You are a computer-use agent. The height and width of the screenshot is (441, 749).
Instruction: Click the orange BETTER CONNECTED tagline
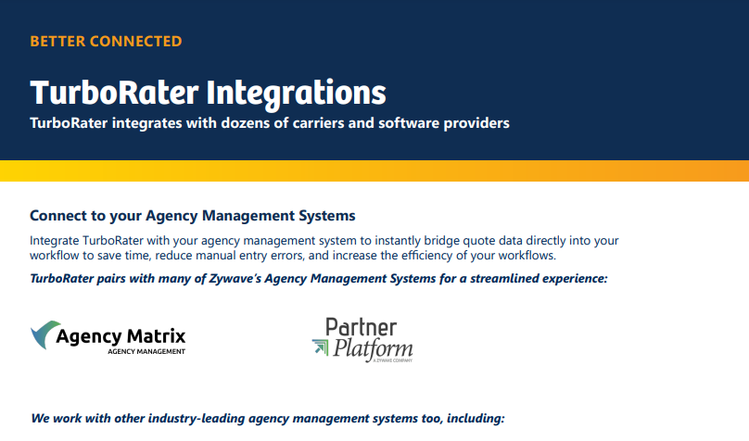click(106, 41)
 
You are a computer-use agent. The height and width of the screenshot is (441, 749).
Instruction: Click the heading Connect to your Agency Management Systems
click(193, 216)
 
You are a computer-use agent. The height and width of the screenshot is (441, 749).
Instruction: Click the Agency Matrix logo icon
click(46, 335)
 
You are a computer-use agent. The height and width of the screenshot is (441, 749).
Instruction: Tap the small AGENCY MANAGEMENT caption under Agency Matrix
click(146, 352)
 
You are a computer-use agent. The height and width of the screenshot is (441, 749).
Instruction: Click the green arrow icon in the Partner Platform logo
click(320, 348)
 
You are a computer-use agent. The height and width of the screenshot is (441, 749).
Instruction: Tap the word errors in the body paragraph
click(306, 256)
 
